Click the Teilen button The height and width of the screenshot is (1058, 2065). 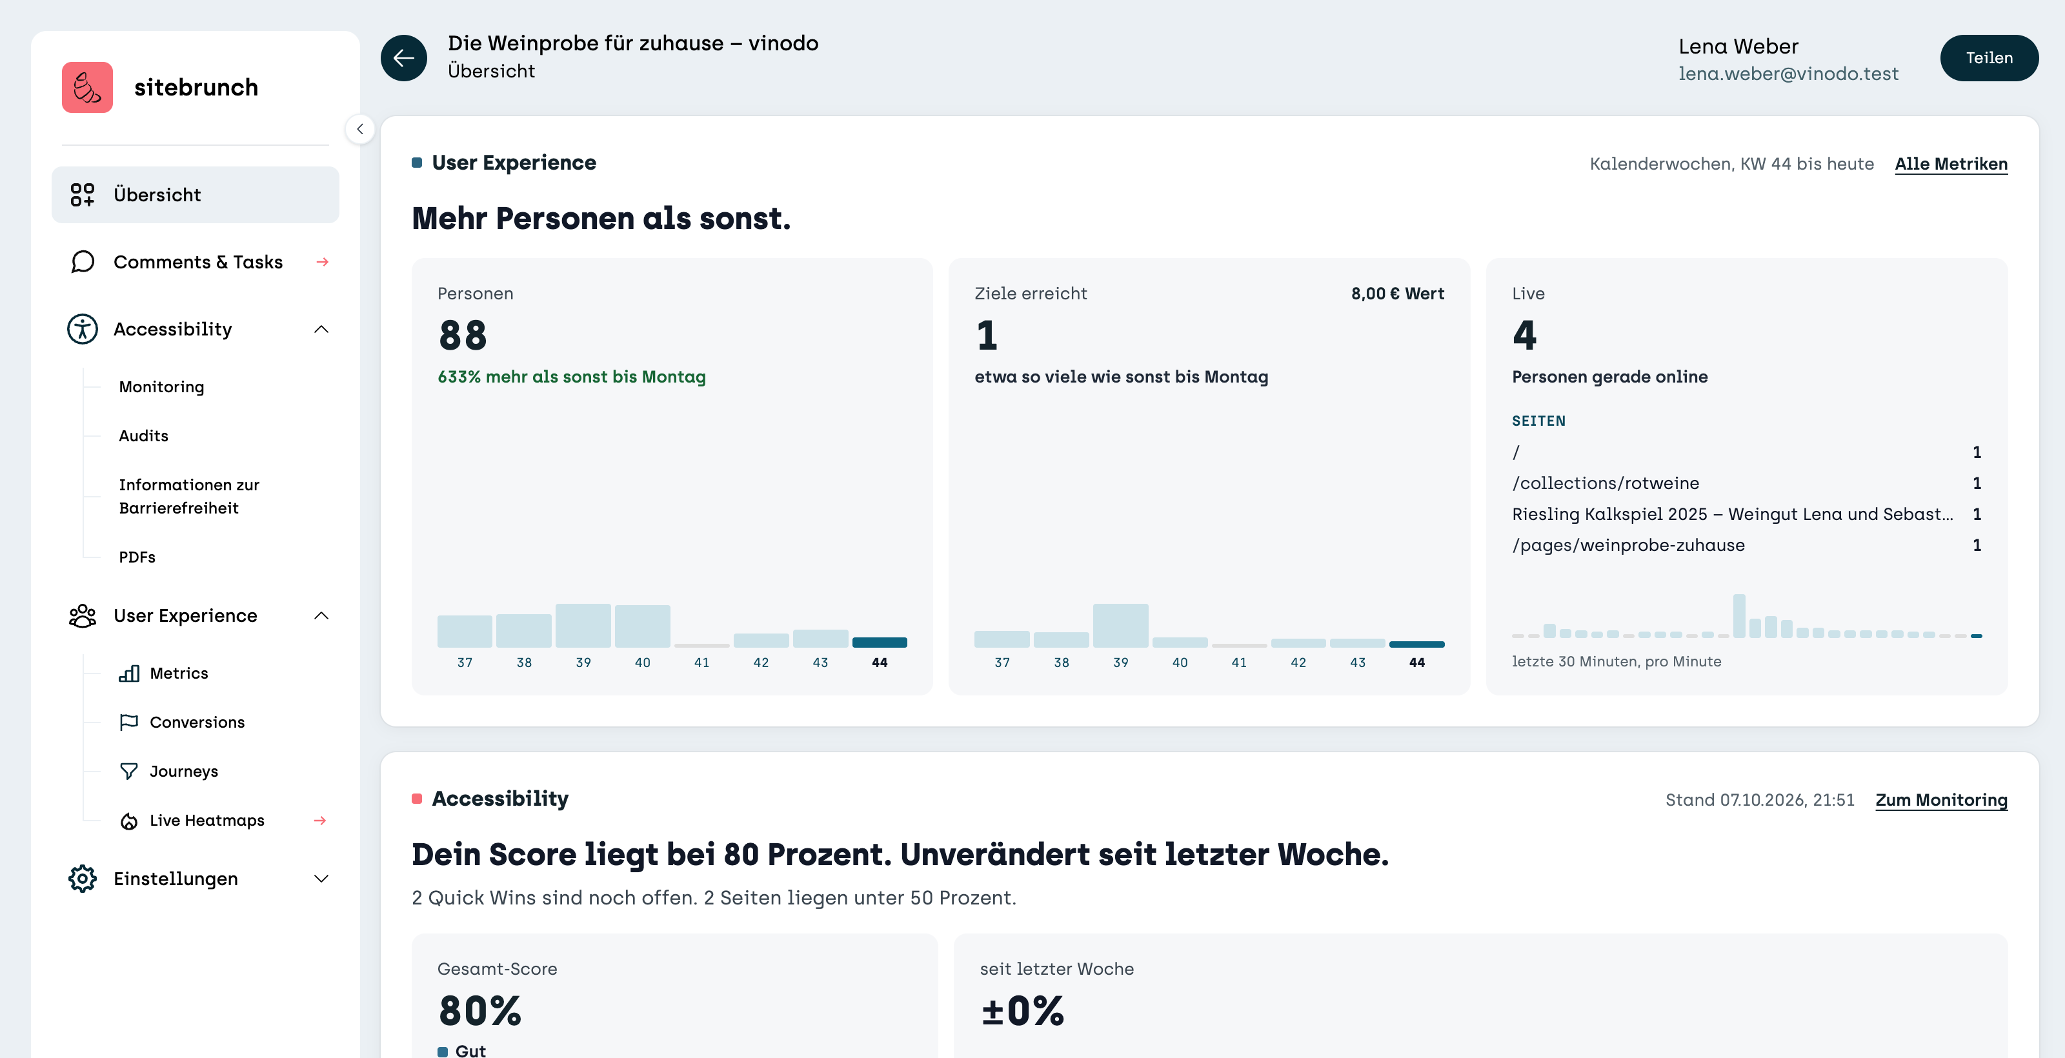pyautogui.click(x=1988, y=57)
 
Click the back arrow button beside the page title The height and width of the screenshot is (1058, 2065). pyautogui.click(x=403, y=57)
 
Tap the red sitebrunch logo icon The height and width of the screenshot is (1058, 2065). pyautogui.click(x=87, y=86)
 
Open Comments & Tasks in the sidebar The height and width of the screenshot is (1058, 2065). pyautogui.click(x=198, y=262)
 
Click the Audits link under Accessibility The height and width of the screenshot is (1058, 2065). pyautogui.click(x=143, y=436)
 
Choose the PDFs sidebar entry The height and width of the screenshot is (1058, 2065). pyautogui.click(x=137, y=557)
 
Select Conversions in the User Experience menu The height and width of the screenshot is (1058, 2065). pyautogui.click(x=197, y=722)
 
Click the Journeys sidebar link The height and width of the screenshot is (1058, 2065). pyautogui.click(x=183, y=771)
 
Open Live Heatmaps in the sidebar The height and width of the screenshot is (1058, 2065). pyautogui.click(x=206, y=820)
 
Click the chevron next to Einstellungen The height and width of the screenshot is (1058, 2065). pyautogui.click(x=321, y=879)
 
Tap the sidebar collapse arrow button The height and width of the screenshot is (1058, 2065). pyautogui.click(x=360, y=129)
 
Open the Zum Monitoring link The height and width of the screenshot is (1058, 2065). pyautogui.click(x=1940, y=800)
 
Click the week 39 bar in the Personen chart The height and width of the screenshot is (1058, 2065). pyautogui.click(x=583, y=625)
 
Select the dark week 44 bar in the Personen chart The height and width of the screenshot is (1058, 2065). pyautogui.click(x=880, y=642)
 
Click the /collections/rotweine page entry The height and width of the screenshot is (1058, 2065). pyautogui.click(x=1605, y=483)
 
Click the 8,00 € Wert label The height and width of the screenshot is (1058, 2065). pyautogui.click(x=1397, y=294)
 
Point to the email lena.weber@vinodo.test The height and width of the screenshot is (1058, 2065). pyautogui.click(x=1788, y=74)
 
